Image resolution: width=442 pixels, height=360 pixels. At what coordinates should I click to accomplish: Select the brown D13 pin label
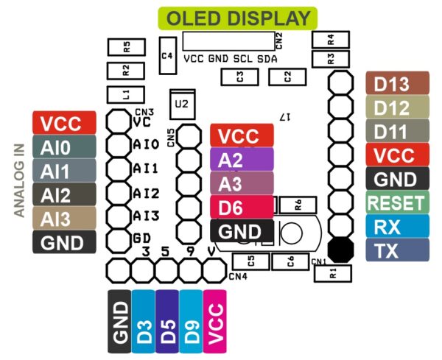pos(397,84)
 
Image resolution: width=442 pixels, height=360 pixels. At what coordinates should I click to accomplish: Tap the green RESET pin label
pos(397,202)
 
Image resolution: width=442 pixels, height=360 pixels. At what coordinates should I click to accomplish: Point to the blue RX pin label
pos(397,226)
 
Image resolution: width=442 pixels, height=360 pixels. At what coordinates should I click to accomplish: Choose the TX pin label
pos(397,250)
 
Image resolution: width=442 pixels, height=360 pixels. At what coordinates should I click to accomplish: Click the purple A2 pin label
pos(241,160)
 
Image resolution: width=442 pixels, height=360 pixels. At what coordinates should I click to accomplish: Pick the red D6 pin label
pos(241,207)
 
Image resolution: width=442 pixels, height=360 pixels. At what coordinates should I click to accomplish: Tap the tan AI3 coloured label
pos(65,219)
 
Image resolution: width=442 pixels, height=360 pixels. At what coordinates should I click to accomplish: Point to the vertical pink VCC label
pos(216,320)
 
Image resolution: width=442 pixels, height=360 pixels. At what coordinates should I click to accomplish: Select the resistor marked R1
pos(333,273)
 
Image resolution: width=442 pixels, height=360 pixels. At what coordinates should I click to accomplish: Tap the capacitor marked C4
pos(167,55)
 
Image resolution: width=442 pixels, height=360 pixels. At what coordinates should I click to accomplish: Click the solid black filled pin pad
pos(340,249)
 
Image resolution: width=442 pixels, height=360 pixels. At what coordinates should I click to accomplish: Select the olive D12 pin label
pos(397,108)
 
